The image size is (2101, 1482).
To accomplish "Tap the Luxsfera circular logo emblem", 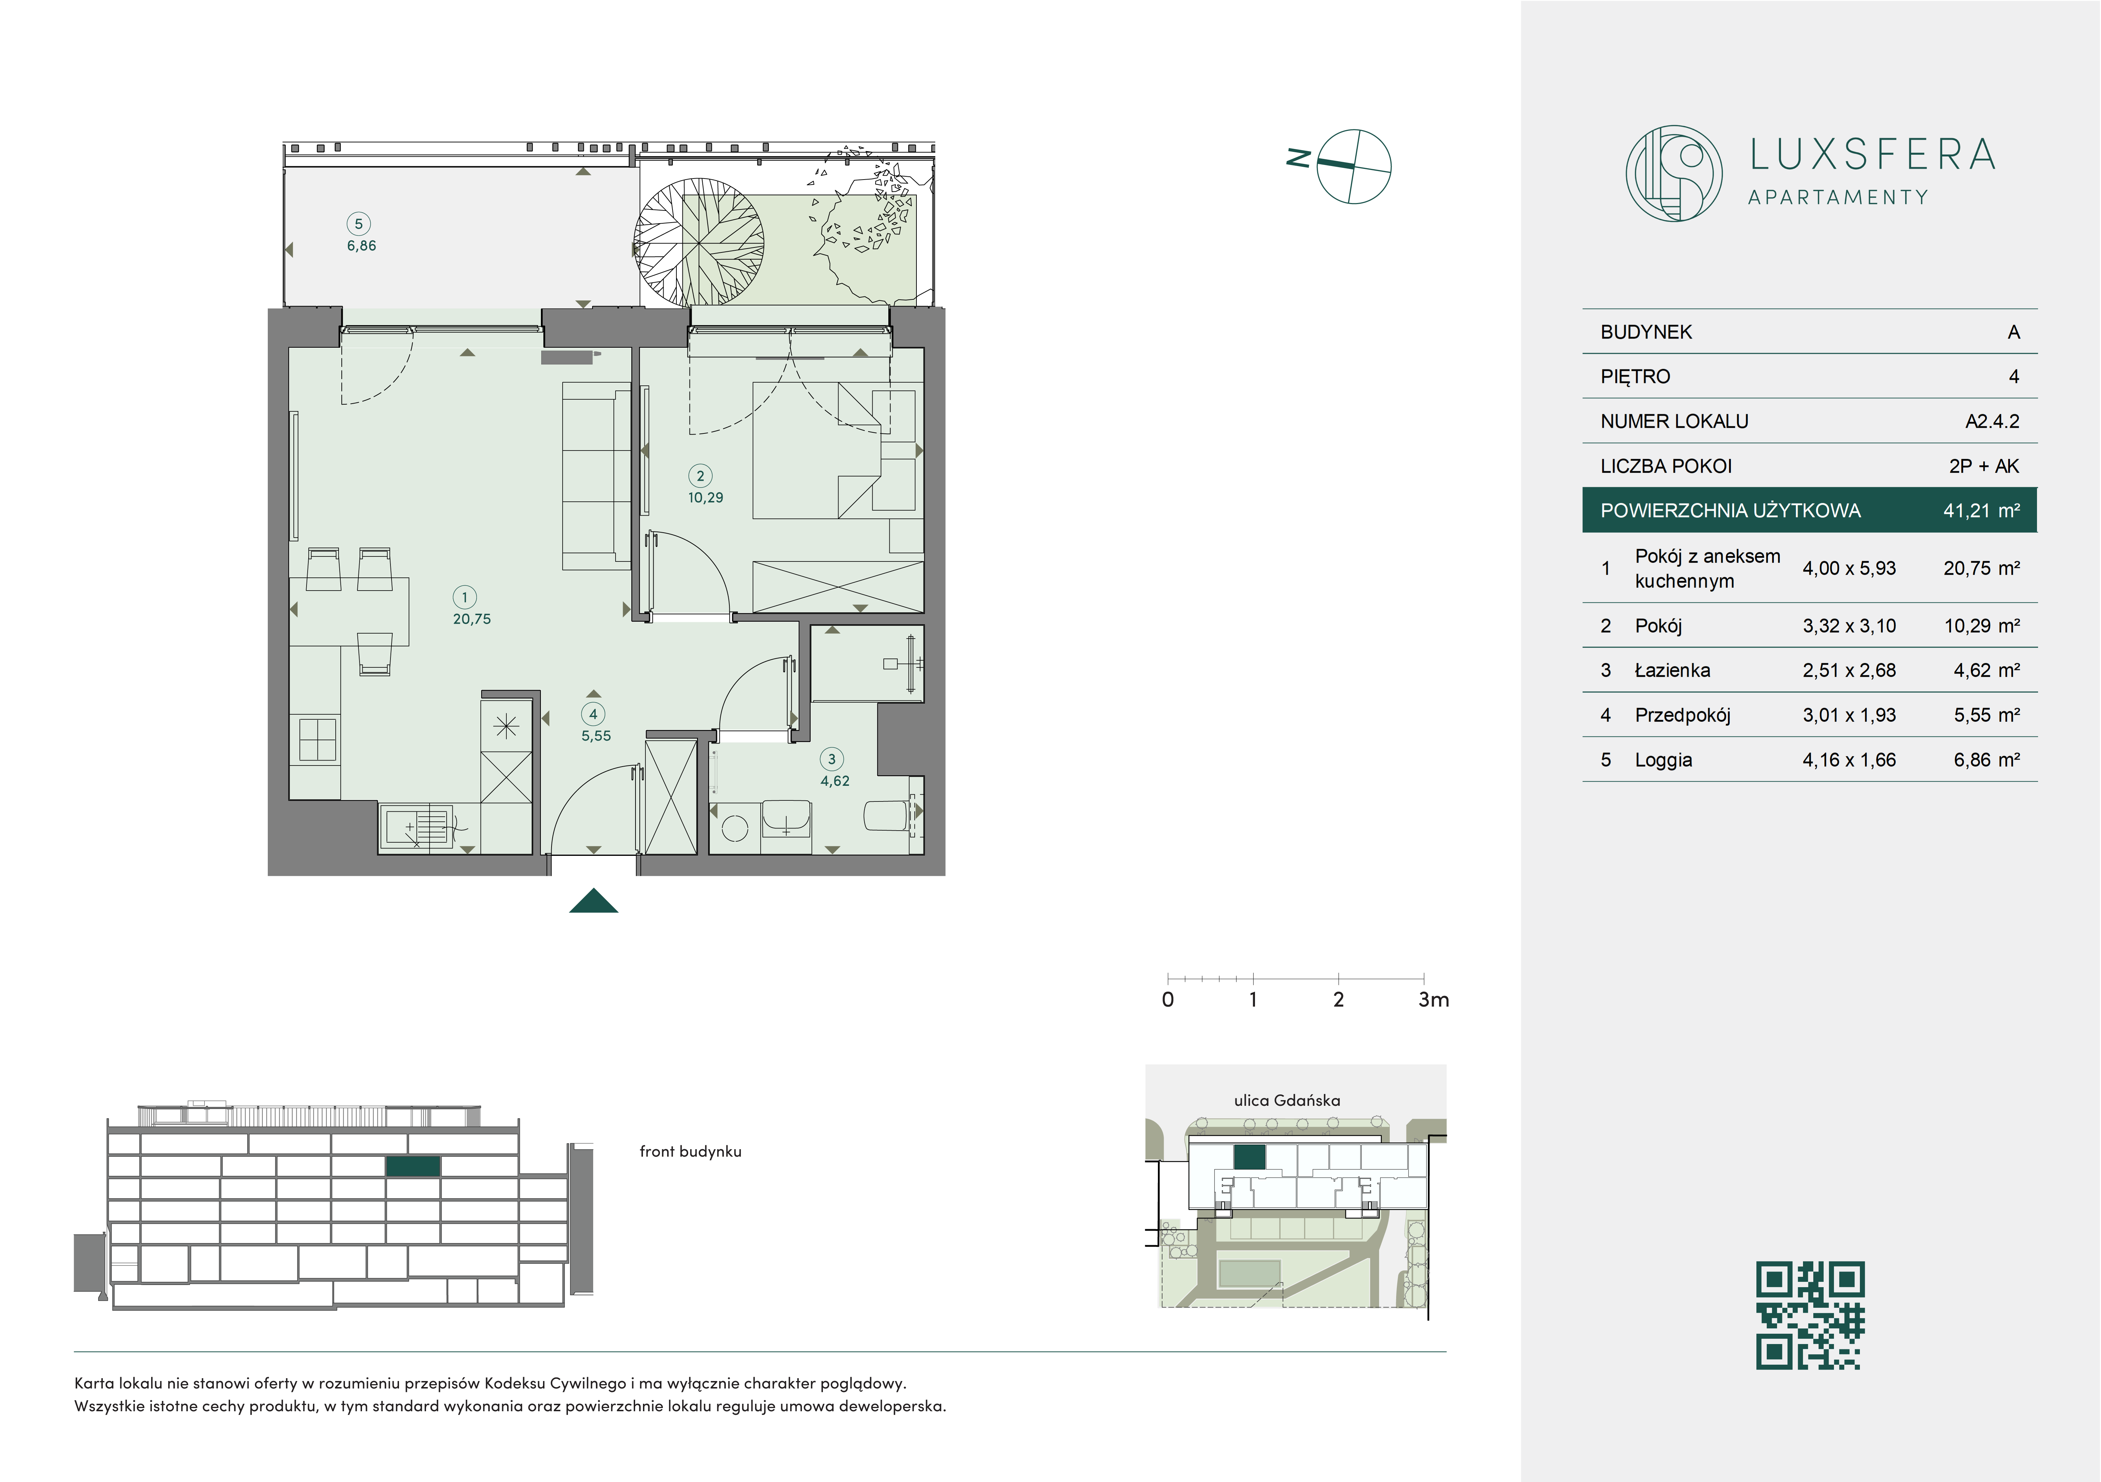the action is click(x=1674, y=173).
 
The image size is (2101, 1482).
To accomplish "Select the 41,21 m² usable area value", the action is click(x=1981, y=511).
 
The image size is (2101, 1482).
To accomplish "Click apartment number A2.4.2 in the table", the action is click(x=1992, y=422).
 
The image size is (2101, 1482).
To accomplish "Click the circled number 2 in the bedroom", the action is click(x=701, y=476).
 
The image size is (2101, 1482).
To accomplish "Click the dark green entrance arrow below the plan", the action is click(x=594, y=901).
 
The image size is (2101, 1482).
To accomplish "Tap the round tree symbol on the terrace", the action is click(x=700, y=242).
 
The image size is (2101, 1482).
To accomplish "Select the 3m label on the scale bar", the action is click(x=1434, y=1000).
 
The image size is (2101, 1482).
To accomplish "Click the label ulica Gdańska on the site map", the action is click(x=1287, y=1100).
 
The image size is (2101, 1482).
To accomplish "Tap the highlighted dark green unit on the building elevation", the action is click(x=413, y=1166).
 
